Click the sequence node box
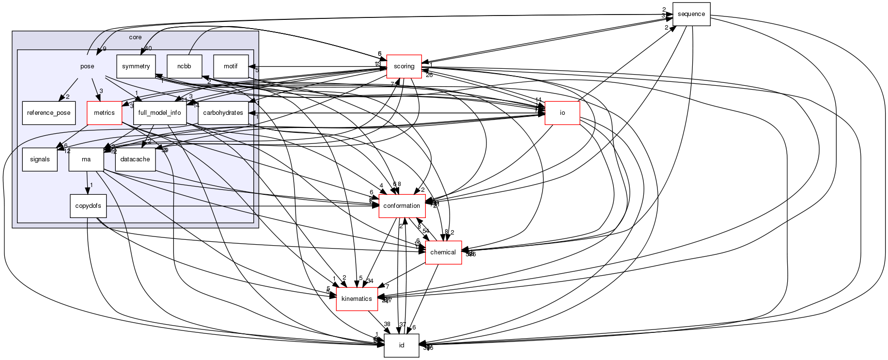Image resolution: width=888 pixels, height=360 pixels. point(691,14)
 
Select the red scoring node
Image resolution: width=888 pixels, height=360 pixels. point(404,66)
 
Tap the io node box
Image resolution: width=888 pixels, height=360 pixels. point(562,113)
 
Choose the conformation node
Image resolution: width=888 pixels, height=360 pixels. point(402,206)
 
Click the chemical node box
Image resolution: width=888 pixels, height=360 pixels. point(443,252)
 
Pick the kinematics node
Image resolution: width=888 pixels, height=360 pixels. point(357,299)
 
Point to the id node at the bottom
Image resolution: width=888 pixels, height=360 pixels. point(401,345)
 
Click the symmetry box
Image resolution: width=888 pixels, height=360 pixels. point(136,66)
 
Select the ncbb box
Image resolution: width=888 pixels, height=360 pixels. point(185,66)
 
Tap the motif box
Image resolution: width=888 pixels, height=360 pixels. point(231,66)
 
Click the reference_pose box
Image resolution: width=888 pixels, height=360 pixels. point(49,113)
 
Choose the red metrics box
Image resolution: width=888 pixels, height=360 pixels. point(104,113)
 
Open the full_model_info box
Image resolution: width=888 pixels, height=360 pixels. point(160,113)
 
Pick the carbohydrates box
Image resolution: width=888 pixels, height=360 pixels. point(223,113)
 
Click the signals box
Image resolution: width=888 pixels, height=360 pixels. point(40,159)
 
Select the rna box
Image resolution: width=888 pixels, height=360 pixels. point(86,159)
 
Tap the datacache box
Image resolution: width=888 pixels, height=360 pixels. point(135,159)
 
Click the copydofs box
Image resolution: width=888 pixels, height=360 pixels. point(88,206)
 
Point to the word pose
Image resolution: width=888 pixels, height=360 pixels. point(87,66)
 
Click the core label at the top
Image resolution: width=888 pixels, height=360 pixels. point(135,37)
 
